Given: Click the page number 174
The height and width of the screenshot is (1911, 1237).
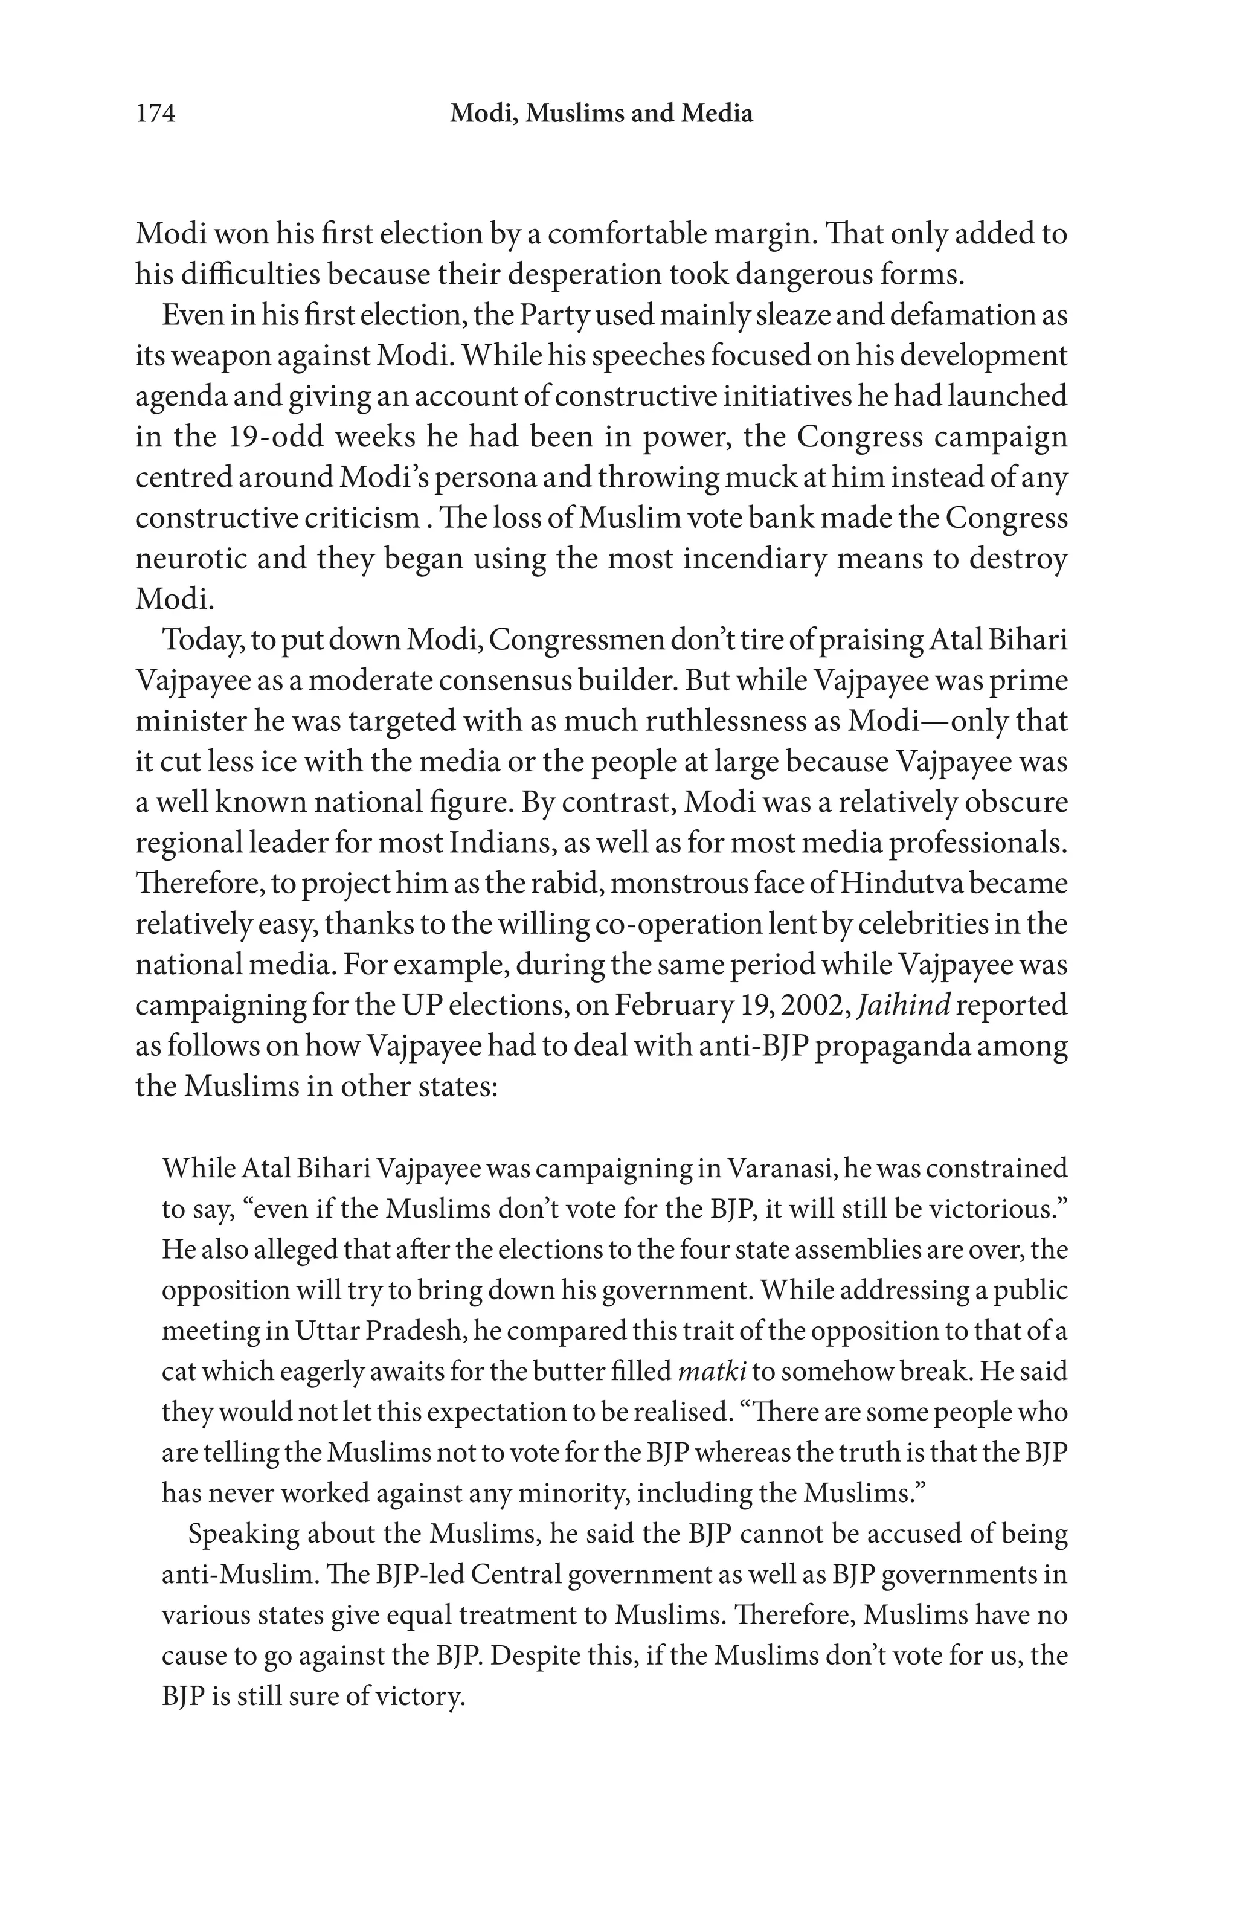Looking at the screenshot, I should coord(156,114).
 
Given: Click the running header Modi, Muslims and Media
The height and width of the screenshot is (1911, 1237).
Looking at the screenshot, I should coord(601,114).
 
